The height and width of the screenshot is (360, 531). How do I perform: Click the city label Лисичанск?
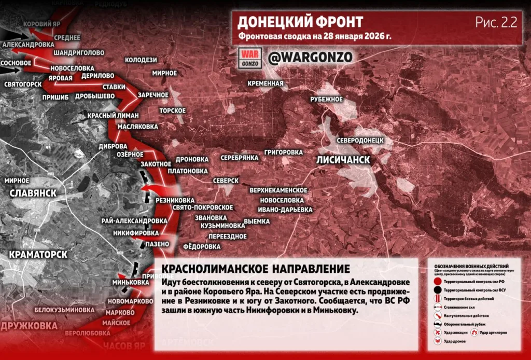343,160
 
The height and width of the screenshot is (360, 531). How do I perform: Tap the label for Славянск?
33,193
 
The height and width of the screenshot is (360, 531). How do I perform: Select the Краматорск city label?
38,255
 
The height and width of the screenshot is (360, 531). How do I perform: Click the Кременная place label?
265,83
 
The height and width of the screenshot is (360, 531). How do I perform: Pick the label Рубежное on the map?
327,99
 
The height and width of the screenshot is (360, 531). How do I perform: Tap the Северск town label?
226,180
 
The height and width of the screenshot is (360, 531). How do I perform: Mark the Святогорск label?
22,84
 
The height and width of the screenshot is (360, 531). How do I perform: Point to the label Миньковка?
131,283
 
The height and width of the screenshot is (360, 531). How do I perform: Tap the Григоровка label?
283,152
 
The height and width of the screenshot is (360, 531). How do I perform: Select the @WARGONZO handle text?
310,57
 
